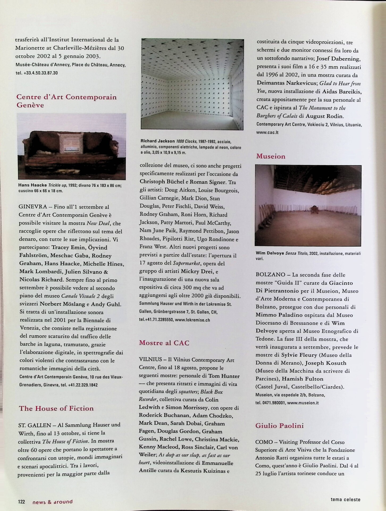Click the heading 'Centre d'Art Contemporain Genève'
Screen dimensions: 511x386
(x=66, y=101)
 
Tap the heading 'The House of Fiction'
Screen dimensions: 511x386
(x=56, y=408)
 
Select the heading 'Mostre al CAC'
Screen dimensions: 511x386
(x=164, y=343)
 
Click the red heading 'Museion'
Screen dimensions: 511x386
(x=271, y=156)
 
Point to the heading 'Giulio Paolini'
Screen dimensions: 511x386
(x=279, y=426)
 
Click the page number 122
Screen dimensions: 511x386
(x=21, y=502)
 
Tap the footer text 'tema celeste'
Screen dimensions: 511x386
(x=345, y=499)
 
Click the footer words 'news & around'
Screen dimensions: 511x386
(x=52, y=502)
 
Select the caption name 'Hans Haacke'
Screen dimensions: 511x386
(x=32, y=185)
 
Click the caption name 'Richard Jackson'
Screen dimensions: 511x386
(x=158, y=141)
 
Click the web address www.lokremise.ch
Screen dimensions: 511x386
(x=192, y=320)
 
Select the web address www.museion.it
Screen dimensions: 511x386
(x=303, y=403)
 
